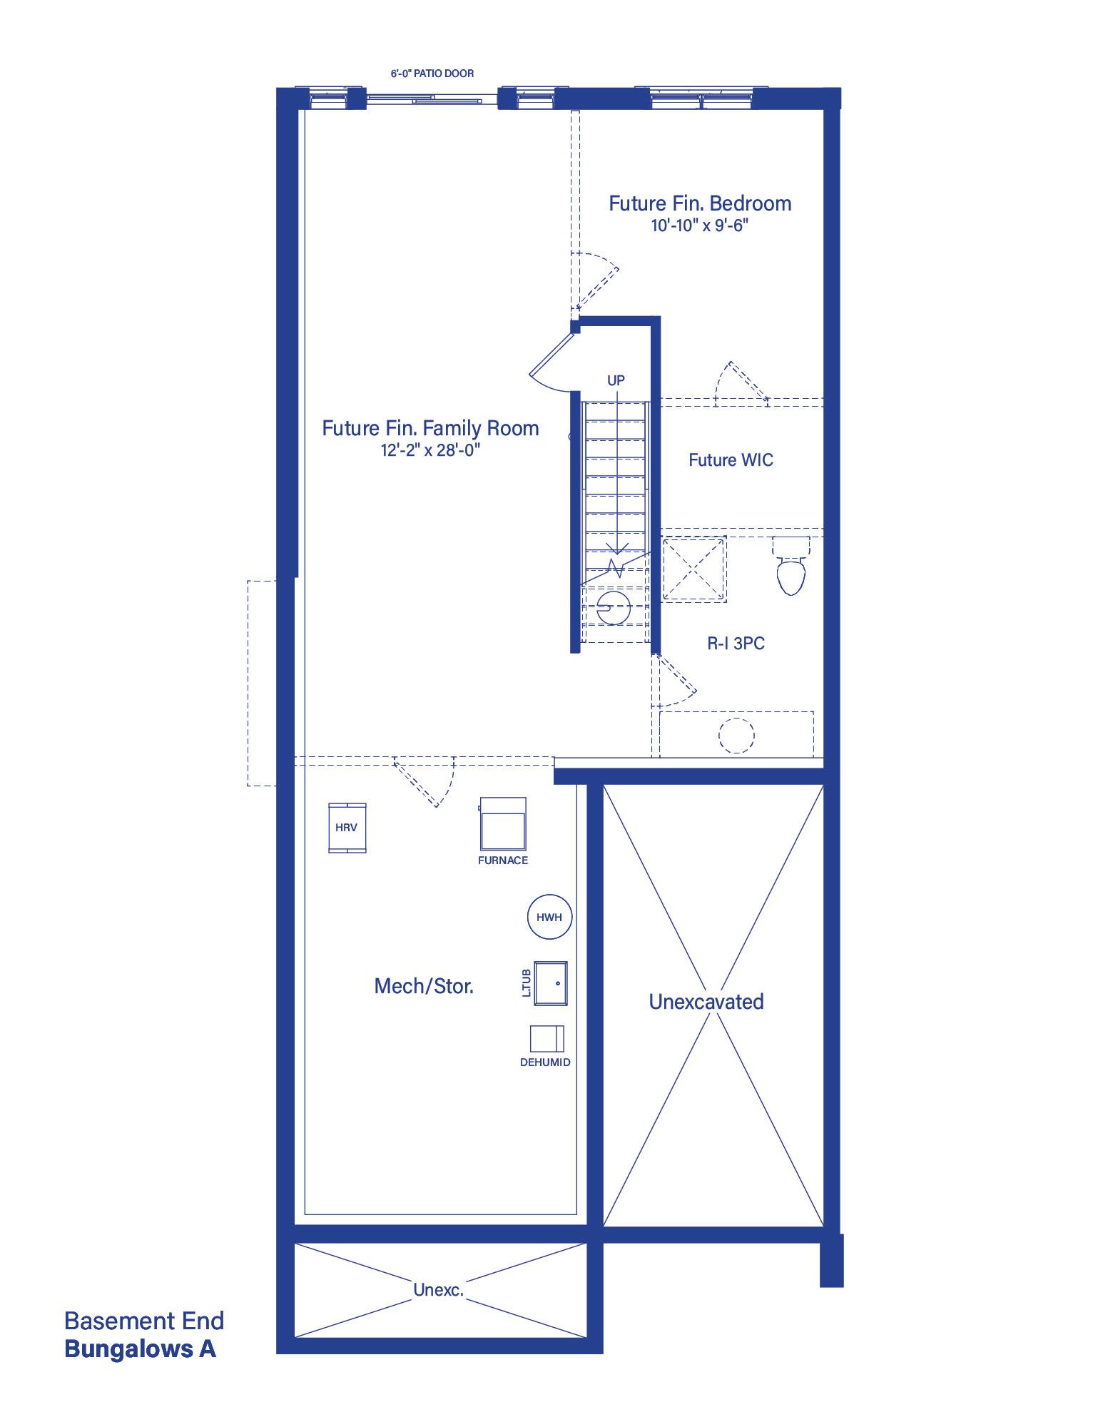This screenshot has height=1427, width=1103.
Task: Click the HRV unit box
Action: tap(347, 827)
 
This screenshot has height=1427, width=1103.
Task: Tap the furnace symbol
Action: tap(503, 823)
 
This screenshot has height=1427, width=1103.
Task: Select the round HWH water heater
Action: tap(549, 917)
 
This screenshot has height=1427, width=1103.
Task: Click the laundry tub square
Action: tap(551, 983)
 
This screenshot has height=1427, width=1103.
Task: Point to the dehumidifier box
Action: tap(547, 1039)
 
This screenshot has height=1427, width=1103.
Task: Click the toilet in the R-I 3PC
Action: tap(791, 567)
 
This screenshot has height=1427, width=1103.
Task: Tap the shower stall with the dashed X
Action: tap(694, 569)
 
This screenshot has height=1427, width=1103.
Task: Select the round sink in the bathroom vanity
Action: tap(736, 736)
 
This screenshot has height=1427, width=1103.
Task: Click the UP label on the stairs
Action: tap(616, 380)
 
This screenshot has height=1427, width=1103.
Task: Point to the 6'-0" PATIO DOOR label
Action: tap(432, 73)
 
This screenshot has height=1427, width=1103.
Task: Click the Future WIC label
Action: tap(731, 460)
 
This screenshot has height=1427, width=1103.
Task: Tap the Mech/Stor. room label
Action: tap(425, 986)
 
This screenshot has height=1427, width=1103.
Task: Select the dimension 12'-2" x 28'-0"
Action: tap(430, 450)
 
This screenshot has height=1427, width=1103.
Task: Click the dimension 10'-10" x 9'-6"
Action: tap(700, 225)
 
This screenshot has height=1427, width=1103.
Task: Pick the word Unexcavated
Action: tap(706, 1002)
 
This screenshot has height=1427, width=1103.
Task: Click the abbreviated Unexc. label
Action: tap(439, 1290)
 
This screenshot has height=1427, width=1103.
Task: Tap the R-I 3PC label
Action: tap(736, 644)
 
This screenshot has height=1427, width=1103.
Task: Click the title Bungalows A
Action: tap(140, 1349)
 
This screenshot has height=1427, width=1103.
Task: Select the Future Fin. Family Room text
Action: tap(430, 428)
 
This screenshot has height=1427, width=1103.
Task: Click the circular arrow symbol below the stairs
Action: tap(614, 608)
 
